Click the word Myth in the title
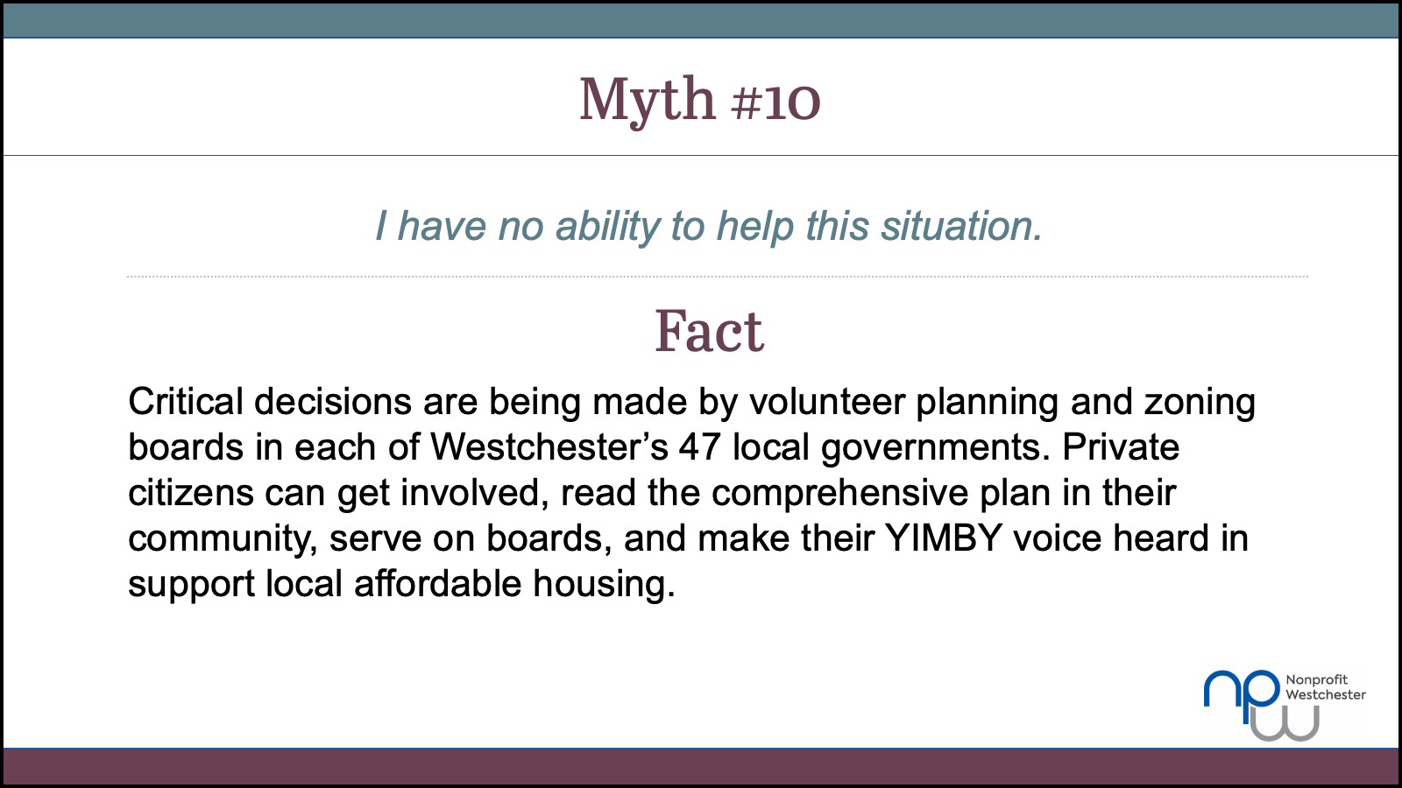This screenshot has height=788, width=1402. (x=647, y=100)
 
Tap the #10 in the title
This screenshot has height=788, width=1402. (x=775, y=100)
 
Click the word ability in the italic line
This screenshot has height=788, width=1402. (x=608, y=226)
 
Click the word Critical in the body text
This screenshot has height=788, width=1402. (x=185, y=401)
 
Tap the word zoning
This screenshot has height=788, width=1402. (x=1200, y=403)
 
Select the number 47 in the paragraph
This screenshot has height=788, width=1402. (x=700, y=447)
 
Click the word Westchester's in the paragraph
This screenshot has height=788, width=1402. (x=549, y=447)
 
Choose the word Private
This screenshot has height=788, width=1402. (x=1121, y=447)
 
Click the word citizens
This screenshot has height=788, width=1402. (x=191, y=493)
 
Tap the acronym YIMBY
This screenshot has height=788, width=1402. (x=943, y=538)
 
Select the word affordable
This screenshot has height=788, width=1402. (x=437, y=583)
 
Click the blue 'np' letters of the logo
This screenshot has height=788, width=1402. (x=1242, y=695)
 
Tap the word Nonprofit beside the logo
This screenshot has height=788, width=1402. (x=1317, y=680)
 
